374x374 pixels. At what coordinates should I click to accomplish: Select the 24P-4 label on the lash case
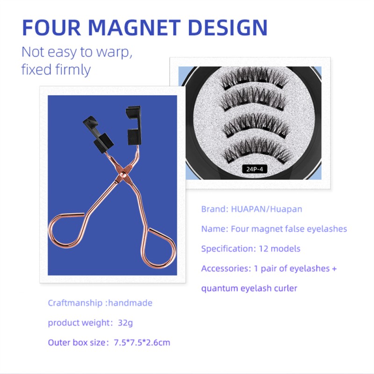[254, 169]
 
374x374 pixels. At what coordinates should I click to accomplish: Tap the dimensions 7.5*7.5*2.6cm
[142, 343]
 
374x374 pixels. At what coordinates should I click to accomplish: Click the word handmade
[130, 303]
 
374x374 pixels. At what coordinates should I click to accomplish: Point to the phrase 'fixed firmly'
[56, 70]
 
